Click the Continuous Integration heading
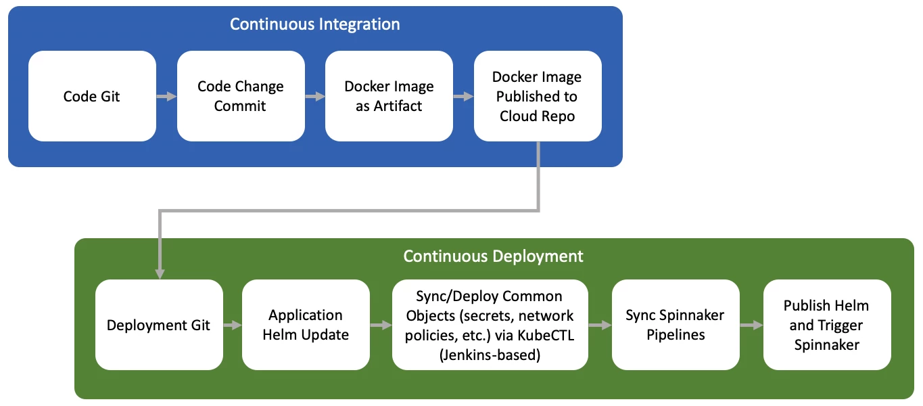tap(314, 24)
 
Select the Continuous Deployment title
tap(493, 256)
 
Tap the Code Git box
tap(92, 96)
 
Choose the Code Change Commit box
tap(241, 96)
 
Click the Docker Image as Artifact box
tap(389, 96)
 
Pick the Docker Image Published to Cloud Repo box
tap(538, 96)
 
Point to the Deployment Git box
tap(159, 325)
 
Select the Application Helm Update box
tap(306, 325)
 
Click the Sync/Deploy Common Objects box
tap(490, 325)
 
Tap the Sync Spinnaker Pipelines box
tap(675, 325)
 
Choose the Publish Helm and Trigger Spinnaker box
tap(826, 325)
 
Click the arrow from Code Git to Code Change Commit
tap(166, 97)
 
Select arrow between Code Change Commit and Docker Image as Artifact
tap(314, 97)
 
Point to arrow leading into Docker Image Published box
tap(463, 97)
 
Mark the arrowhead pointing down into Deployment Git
tap(160, 273)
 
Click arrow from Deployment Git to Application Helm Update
tap(232, 325)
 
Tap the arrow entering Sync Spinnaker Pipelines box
tap(600, 325)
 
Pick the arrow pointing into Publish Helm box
tap(751, 325)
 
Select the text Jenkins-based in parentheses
tap(490, 354)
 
